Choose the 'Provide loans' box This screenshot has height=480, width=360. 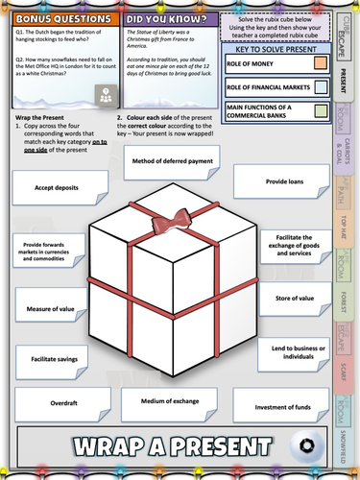(x=287, y=180)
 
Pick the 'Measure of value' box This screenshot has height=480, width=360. (x=45, y=309)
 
